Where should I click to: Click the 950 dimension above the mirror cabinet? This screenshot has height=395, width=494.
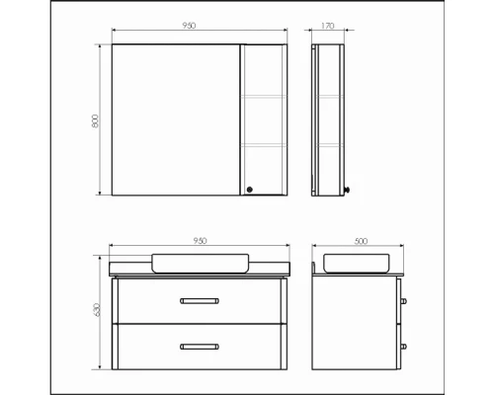[x=189, y=26]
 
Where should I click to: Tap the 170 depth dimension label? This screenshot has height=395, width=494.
[x=327, y=26]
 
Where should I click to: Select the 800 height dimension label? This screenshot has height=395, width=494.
[x=95, y=121]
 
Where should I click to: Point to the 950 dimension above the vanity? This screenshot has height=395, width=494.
[x=200, y=241]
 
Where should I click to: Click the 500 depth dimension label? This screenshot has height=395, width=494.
[x=361, y=241]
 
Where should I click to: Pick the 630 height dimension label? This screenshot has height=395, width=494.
[x=98, y=310]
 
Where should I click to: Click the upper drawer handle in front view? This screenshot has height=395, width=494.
[x=200, y=301]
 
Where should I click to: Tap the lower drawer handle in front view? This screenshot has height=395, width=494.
[x=200, y=347]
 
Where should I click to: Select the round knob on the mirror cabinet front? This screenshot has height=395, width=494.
[x=250, y=190]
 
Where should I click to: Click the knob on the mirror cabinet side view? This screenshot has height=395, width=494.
[x=347, y=190]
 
